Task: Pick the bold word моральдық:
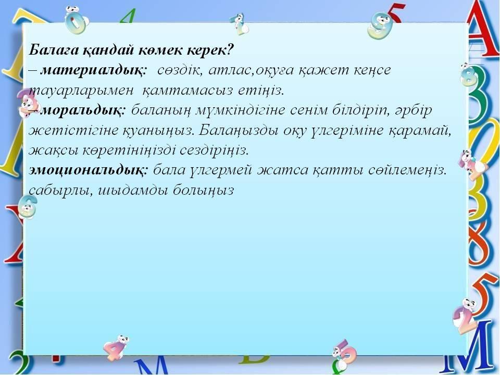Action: [83, 110]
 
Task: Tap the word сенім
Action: [308, 110]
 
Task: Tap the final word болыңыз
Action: [204, 191]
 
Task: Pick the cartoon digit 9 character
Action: [380, 25]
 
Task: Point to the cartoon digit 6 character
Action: [28, 207]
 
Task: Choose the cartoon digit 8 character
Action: [469, 75]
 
